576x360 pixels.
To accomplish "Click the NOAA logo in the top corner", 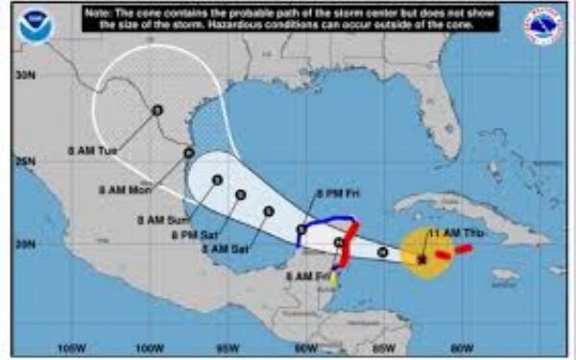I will (36, 26).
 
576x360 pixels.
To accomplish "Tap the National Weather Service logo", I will (542, 26).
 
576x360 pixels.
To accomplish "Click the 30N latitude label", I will (24, 74).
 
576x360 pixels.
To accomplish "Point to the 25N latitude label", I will (24, 160).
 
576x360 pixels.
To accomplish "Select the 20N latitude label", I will (24, 245).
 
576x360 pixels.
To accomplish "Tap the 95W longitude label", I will (227, 347).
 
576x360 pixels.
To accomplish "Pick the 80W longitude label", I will (462, 347).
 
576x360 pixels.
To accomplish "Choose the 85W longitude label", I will (384, 347).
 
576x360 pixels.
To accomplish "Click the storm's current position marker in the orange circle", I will (421, 258).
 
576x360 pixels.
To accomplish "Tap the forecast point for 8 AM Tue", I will (156, 109).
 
